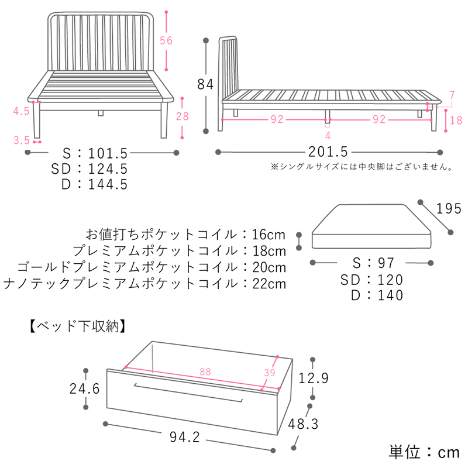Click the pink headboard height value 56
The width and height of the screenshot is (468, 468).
[x=167, y=40]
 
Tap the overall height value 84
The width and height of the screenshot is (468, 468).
[x=205, y=84]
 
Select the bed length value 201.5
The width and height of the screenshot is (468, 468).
[x=329, y=152]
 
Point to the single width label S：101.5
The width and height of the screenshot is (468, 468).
[x=94, y=154]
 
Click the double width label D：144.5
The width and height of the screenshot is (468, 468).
[x=94, y=184]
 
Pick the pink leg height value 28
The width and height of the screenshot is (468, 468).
[x=182, y=116]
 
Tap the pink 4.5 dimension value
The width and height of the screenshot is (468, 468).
[x=22, y=111]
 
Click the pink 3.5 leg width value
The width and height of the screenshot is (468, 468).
[x=22, y=140]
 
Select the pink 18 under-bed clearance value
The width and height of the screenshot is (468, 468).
[x=456, y=121]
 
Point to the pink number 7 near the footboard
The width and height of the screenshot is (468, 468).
[x=452, y=95]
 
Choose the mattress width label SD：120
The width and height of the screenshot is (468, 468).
[x=372, y=280]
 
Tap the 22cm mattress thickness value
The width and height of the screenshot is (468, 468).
[x=269, y=284]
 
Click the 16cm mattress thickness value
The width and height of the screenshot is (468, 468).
[x=269, y=235]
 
